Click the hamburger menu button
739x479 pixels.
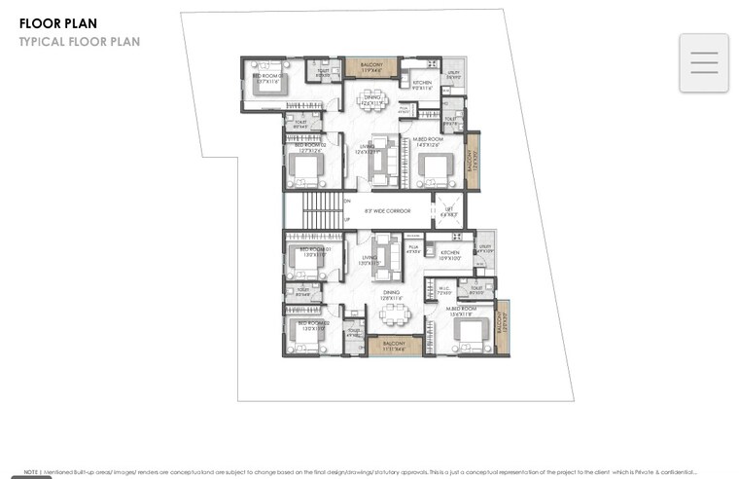704,62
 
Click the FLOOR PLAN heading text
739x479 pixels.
57,23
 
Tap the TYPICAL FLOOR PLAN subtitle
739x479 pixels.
80,42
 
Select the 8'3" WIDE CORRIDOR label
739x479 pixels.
387,210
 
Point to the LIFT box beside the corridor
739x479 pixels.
448,210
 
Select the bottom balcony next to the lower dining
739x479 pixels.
394,345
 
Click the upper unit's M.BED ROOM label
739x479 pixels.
428,140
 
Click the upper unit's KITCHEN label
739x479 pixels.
422,84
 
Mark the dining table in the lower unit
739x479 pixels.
395,314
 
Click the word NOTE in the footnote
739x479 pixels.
31,472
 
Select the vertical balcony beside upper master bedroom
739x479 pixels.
473,160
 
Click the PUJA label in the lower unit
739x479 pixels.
412,248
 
